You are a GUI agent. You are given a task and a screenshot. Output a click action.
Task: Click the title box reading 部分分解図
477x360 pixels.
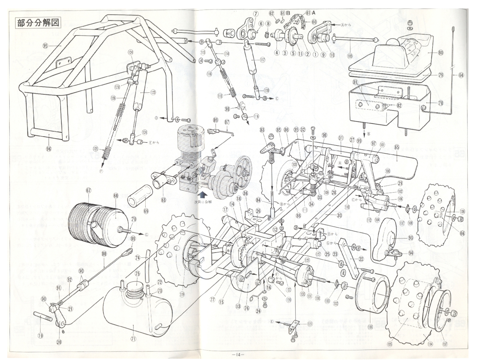pos(37,23)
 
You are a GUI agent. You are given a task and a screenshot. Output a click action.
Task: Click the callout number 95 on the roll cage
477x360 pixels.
pos(45,46)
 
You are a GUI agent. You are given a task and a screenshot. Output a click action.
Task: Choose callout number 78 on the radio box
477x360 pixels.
pos(441,103)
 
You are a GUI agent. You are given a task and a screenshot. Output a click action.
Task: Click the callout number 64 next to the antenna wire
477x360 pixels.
pos(461,75)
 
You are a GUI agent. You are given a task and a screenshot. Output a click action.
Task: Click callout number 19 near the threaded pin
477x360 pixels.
pos(40,335)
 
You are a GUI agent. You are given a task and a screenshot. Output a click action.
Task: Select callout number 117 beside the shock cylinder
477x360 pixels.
pos(262,60)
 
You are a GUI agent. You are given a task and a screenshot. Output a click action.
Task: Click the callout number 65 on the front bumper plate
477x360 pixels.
pos(397,147)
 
